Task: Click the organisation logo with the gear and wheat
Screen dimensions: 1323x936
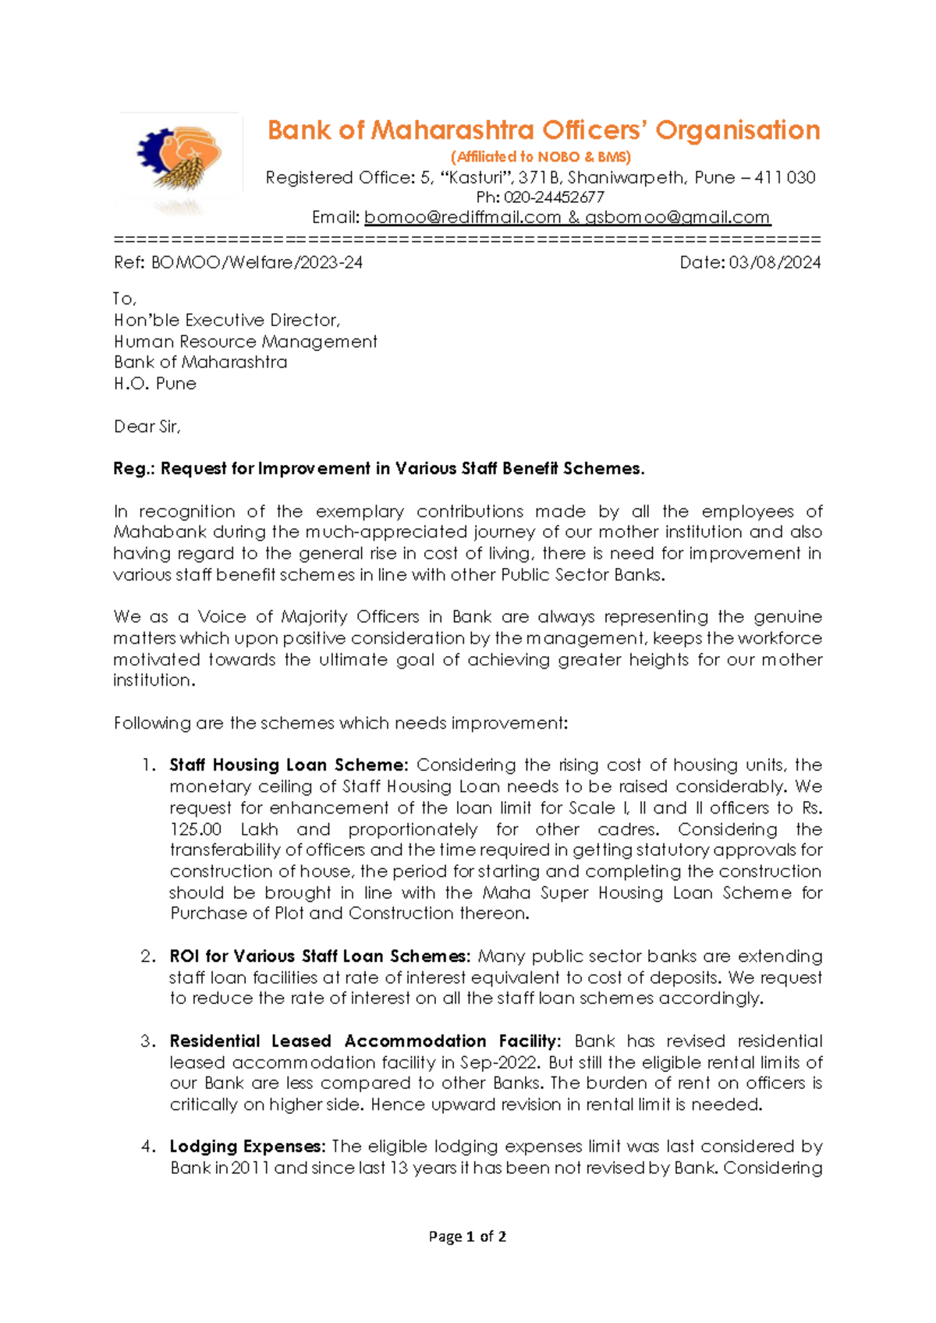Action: pos(179,160)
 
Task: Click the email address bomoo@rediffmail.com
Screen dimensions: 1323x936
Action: pos(463,218)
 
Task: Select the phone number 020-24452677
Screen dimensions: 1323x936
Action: pos(554,197)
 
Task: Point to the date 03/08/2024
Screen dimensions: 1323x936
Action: pos(775,263)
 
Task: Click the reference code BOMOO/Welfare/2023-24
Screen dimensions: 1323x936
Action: pos(257,263)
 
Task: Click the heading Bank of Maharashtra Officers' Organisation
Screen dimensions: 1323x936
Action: pos(544,130)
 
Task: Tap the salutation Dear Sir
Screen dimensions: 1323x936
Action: pos(147,427)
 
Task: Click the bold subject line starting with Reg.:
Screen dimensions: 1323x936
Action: pos(378,469)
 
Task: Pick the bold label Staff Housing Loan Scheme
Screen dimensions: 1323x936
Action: pos(289,765)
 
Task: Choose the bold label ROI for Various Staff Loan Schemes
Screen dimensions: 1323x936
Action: pos(320,956)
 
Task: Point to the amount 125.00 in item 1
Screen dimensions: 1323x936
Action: pos(196,829)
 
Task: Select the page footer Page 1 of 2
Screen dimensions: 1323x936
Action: pos(467,1236)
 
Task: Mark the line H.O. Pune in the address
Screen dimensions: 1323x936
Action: pos(155,384)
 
